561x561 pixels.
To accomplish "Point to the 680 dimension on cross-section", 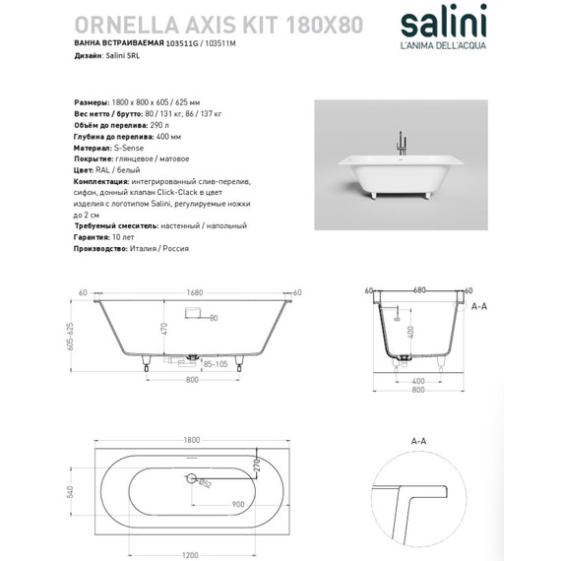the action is coord(419,290).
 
